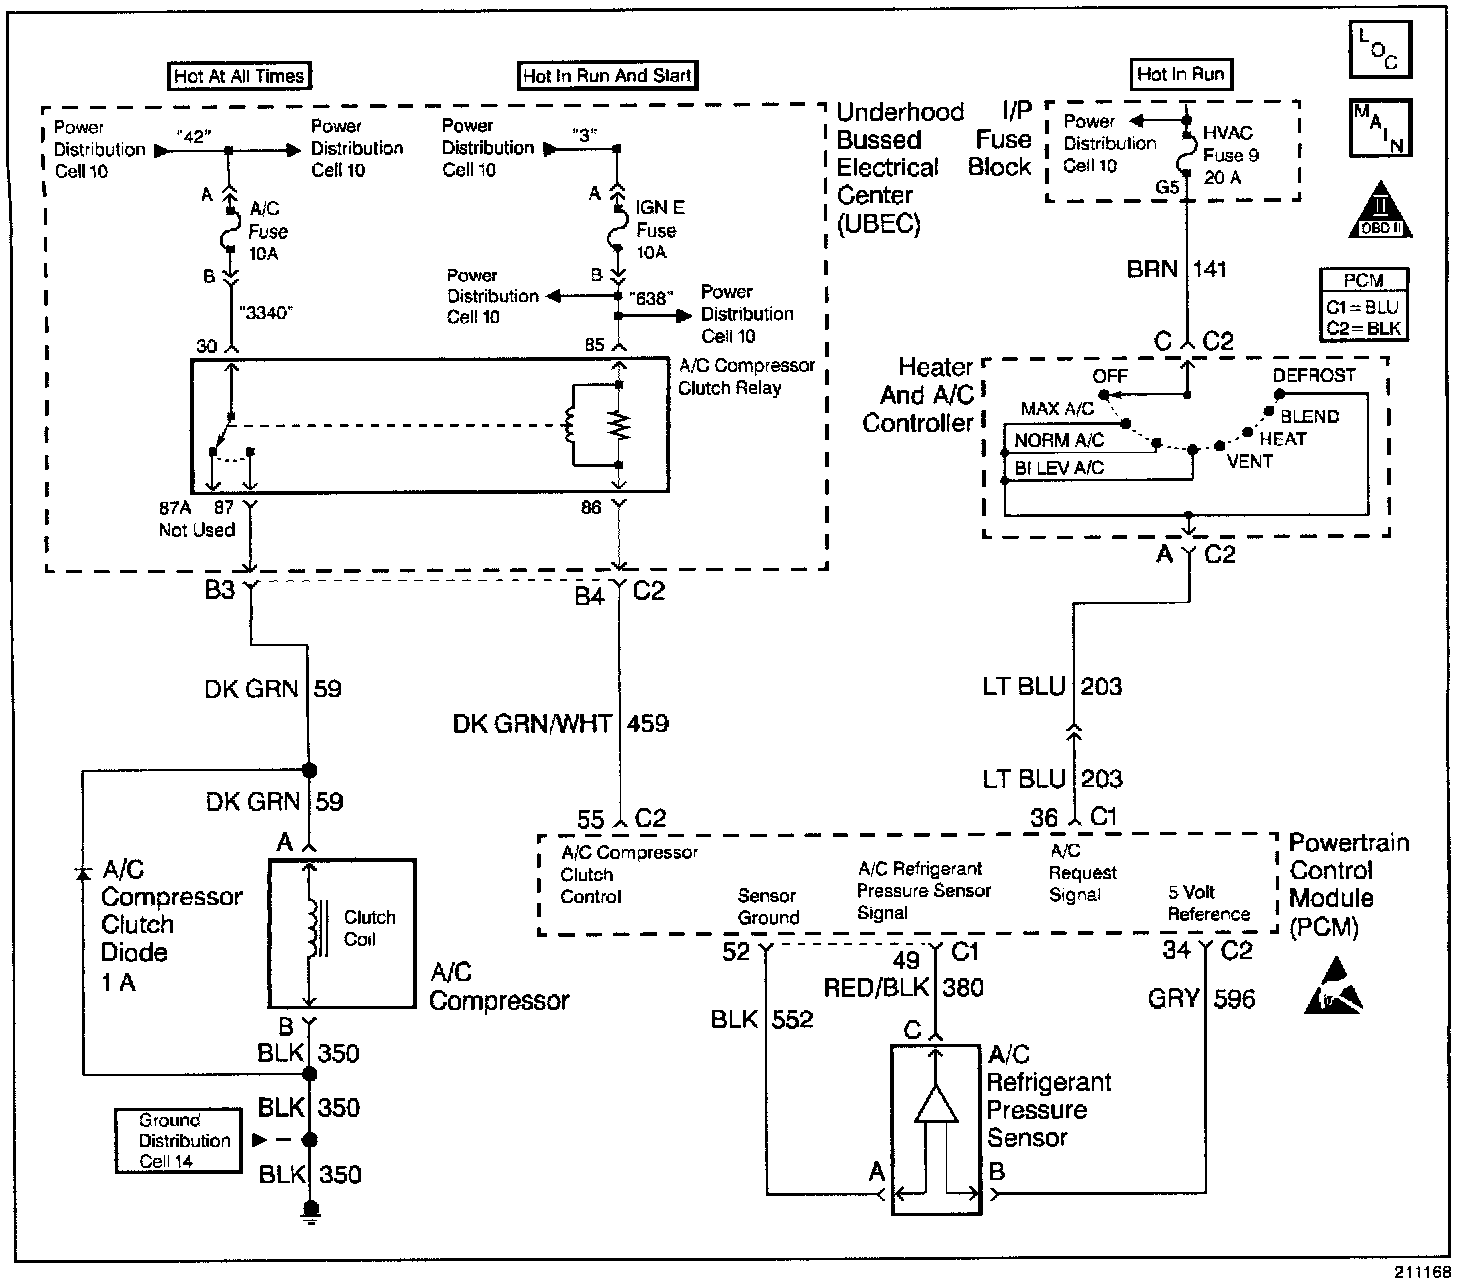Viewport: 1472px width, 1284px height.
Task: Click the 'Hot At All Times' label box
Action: [238, 76]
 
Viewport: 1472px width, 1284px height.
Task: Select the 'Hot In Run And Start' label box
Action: [607, 75]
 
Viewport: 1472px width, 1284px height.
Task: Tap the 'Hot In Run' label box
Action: [1180, 74]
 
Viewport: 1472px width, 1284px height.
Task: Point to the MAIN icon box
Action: [1380, 128]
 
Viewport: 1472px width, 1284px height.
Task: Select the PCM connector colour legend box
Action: [1363, 304]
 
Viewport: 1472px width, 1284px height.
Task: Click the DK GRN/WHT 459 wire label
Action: [561, 723]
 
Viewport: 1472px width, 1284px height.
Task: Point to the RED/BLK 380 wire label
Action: [903, 988]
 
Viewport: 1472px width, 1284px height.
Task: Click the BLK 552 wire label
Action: [762, 1019]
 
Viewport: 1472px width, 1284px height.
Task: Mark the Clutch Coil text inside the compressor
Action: [369, 928]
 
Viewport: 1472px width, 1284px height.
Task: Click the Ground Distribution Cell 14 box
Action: [178, 1140]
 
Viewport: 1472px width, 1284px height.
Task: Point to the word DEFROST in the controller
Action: [1313, 375]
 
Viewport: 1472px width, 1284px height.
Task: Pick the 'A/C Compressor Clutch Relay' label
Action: [746, 376]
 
